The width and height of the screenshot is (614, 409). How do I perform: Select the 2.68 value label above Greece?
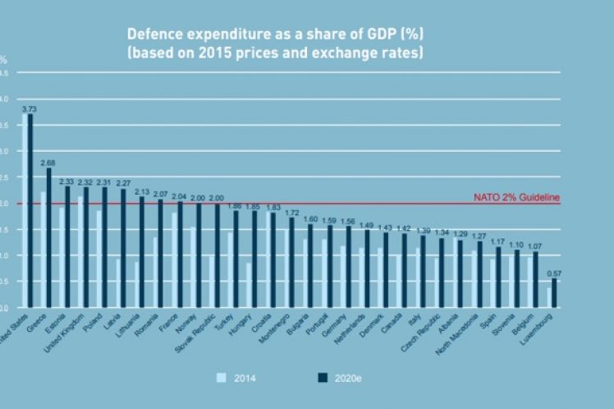point(48,162)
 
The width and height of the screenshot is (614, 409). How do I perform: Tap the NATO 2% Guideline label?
point(516,197)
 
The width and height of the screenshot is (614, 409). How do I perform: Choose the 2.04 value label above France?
point(179,197)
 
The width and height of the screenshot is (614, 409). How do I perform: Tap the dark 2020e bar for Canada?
point(403,271)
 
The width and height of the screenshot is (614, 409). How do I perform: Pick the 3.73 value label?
point(30,108)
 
